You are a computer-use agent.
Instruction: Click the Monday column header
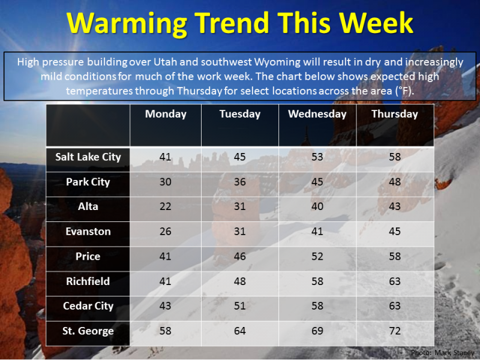[x=166, y=114]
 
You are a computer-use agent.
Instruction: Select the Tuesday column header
[x=240, y=114]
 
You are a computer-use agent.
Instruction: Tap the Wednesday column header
[x=317, y=114]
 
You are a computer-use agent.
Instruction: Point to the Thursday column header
[x=395, y=114]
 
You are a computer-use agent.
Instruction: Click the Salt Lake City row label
[x=88, y=157]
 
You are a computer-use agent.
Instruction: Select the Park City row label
[x=88, y=182]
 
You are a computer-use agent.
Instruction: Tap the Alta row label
[x=88, y=206]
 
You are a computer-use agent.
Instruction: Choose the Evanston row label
[x=88, y=232]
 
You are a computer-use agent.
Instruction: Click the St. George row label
[x=88, y=331]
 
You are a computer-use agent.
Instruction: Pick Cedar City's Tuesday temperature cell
[x=240, y=306]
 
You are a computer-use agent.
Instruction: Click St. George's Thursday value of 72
[x=395, y=331]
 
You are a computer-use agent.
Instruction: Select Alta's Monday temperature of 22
[x=166, y=206]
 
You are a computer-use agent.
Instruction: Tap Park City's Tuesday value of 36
[x=240, y=182]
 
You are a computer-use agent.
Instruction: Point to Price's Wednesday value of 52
[x=317, y=256]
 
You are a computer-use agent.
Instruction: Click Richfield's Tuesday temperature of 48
[x=240, y=281]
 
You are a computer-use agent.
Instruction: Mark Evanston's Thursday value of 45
[x=395, y=232]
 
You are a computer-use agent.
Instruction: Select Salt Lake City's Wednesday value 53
[x=317, y=157]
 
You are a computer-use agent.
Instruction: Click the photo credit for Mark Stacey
[x=443, y=353]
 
